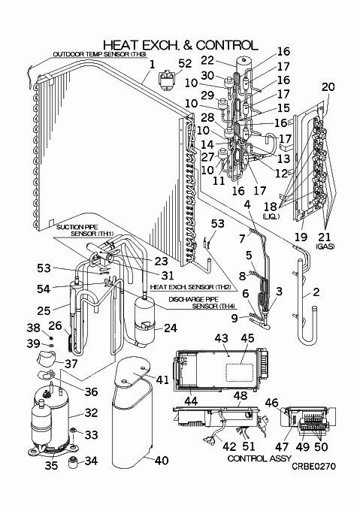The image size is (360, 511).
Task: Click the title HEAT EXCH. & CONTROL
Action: [x=180, y=45]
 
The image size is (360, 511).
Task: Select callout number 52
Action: [x=185, y=63]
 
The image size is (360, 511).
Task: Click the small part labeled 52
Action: [x=167, y=81]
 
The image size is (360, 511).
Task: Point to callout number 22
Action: [x=207, y=60]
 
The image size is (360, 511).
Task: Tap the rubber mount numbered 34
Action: [x=74, y=462]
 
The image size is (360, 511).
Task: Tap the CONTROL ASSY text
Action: [x=259, y=458]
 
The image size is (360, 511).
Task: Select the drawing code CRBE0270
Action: [x=313, y=467]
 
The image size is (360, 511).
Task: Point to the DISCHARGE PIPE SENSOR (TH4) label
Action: [x=203, y=303]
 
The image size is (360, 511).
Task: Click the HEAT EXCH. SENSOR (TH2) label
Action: [x=190, y=287]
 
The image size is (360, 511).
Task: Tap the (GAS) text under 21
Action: [x=325, y=246]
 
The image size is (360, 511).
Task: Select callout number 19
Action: [x=301, y=237]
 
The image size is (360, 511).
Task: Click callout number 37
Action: [x=71, y=364]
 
